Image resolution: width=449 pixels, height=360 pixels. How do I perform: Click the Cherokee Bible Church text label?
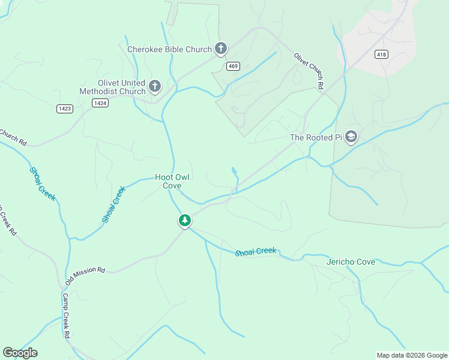point(169,49)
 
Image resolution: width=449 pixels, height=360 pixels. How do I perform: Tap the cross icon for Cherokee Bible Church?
point(221,48)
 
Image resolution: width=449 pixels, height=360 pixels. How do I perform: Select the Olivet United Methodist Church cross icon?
point(154,87)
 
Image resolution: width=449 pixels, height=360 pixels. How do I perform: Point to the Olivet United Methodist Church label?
point(112,87)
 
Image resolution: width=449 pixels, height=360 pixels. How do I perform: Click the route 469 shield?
point(234,66)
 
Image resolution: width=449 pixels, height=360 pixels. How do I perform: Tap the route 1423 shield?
point(65,108)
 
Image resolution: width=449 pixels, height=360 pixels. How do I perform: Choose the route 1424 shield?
point(100,103)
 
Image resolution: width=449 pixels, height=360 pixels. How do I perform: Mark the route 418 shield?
point(381,55)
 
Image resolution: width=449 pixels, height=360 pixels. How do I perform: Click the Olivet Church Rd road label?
point(309,71)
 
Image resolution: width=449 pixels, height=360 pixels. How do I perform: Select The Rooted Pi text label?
point(316,137)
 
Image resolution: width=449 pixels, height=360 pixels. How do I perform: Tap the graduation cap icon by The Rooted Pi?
point(351,137)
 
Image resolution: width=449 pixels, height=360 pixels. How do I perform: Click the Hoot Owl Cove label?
point(172,181)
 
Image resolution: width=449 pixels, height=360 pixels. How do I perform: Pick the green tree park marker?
point(185,221)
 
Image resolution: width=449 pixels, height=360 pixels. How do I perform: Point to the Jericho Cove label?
point(351,262)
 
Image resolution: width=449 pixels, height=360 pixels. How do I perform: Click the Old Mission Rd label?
point(85,277)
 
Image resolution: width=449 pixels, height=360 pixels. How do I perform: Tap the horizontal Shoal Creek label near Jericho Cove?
point(256,251)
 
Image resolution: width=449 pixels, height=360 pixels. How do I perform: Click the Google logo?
point(20,353)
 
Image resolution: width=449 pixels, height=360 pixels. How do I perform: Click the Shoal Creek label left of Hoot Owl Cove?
point(113,205)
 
